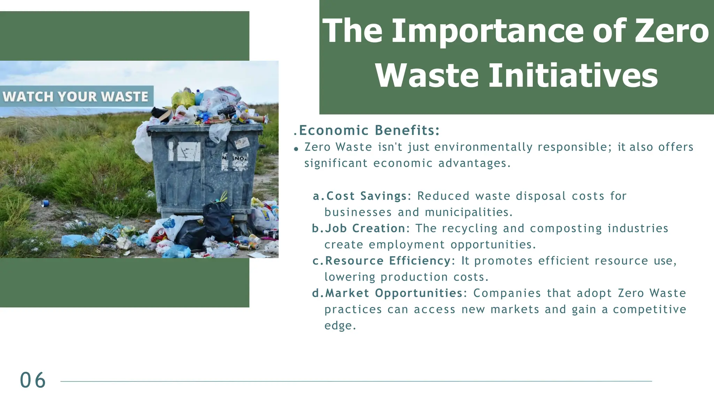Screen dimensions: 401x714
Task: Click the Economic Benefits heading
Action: [x=369, y=131]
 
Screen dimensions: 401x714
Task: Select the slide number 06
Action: [x=33, y=380]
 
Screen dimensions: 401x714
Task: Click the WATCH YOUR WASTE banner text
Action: [x=76, y=96]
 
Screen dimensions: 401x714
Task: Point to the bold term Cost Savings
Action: [x=366, y=196]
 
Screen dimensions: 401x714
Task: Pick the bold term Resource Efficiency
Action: [x=388, y=261]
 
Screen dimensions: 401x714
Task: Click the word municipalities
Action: [x=469, y=212]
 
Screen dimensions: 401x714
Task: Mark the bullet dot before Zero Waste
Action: [x=296, y=149]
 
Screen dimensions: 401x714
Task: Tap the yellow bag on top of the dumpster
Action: [x=182, y=99]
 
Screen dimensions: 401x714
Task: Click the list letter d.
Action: [x=316, y=293]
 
